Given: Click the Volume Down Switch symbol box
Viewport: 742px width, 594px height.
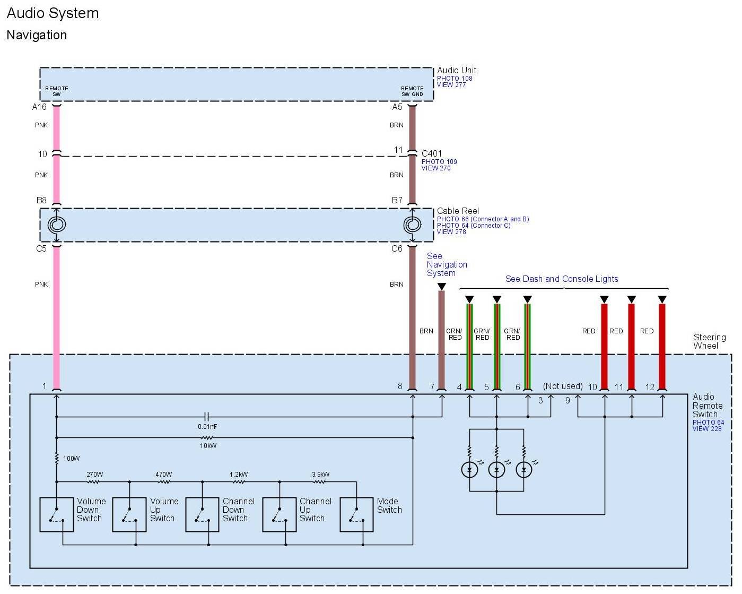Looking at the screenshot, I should click(57, 514).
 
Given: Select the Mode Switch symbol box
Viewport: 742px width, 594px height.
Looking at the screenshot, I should click(356, 514).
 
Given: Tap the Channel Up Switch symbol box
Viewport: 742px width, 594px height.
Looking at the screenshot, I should click(280, 514).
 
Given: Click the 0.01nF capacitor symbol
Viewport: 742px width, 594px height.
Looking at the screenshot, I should click(207, 417).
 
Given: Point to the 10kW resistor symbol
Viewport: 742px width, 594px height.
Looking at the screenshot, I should click(207, 438).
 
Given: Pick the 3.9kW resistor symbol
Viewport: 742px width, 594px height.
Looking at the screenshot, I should click(319, 482).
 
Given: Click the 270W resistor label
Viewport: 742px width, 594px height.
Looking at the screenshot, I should click(94, 475).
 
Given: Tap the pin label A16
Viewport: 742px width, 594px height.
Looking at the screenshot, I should click(39, 107).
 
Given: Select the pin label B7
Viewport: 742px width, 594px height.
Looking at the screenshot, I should click(397, 201).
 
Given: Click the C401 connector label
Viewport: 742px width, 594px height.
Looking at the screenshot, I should click(432, 154).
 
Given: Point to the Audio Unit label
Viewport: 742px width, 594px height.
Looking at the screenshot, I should click(457, 70).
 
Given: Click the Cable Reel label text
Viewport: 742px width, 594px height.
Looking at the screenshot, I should click(458, 211).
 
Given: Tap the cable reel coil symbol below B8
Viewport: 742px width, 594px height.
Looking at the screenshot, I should click(57, 225).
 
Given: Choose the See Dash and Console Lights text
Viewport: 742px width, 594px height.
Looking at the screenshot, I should click(562, 279).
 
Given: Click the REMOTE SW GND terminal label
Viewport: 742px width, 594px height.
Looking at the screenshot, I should click(412, 91).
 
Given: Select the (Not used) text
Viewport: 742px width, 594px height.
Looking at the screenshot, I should click(563, 386).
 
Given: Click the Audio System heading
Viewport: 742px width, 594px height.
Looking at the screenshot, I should click(53, 13).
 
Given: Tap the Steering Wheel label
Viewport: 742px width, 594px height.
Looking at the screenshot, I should click(709, 341).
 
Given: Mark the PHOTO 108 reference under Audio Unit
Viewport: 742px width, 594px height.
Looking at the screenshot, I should click(455, 79).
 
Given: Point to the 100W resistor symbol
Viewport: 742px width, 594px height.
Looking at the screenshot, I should click(57, 458).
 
